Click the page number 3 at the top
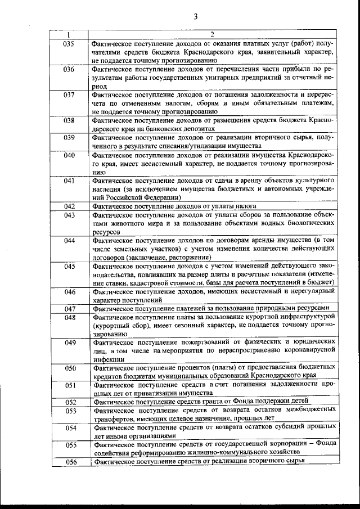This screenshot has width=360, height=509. click(195, 16)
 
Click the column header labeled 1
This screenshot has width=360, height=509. click(69, 35)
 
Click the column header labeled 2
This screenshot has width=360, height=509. click(213, 35)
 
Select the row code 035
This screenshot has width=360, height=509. click(69, 43)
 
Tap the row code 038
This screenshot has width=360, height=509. click(69, 120)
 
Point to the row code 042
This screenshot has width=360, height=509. click(69, 206)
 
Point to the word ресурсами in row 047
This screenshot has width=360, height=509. click(318, 308)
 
